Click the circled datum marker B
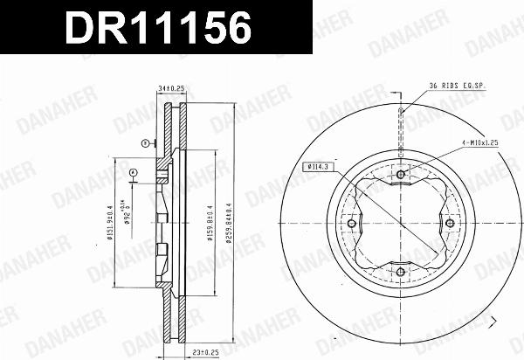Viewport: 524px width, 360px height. coord(144,142)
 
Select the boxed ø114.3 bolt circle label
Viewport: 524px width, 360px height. coord(317,166)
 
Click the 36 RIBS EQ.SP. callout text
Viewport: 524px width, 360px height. coord(457,86)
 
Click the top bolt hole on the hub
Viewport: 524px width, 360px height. coord(401,175)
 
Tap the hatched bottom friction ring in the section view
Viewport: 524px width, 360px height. coord(180,319)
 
